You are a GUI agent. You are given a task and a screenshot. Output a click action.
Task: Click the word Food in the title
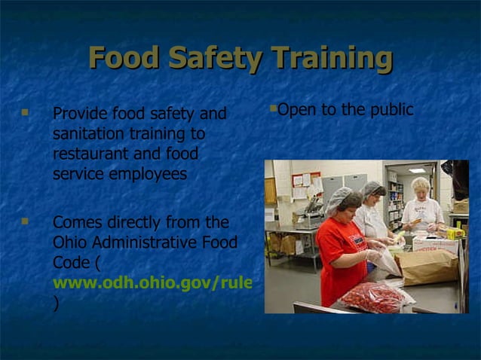pyautogui.click(x=124, y=59)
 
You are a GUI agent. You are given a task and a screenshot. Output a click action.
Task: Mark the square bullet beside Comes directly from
pyautogui.click(x=25, y=221)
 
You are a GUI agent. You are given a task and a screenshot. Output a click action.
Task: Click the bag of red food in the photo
pyautogui.click(x=372, y=297)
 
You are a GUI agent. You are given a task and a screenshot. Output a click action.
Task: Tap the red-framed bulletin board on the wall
pyautogui.click(x=306, y=180)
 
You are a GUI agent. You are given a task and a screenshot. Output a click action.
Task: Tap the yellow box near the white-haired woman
pyautogui.click(x=455, y=233)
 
